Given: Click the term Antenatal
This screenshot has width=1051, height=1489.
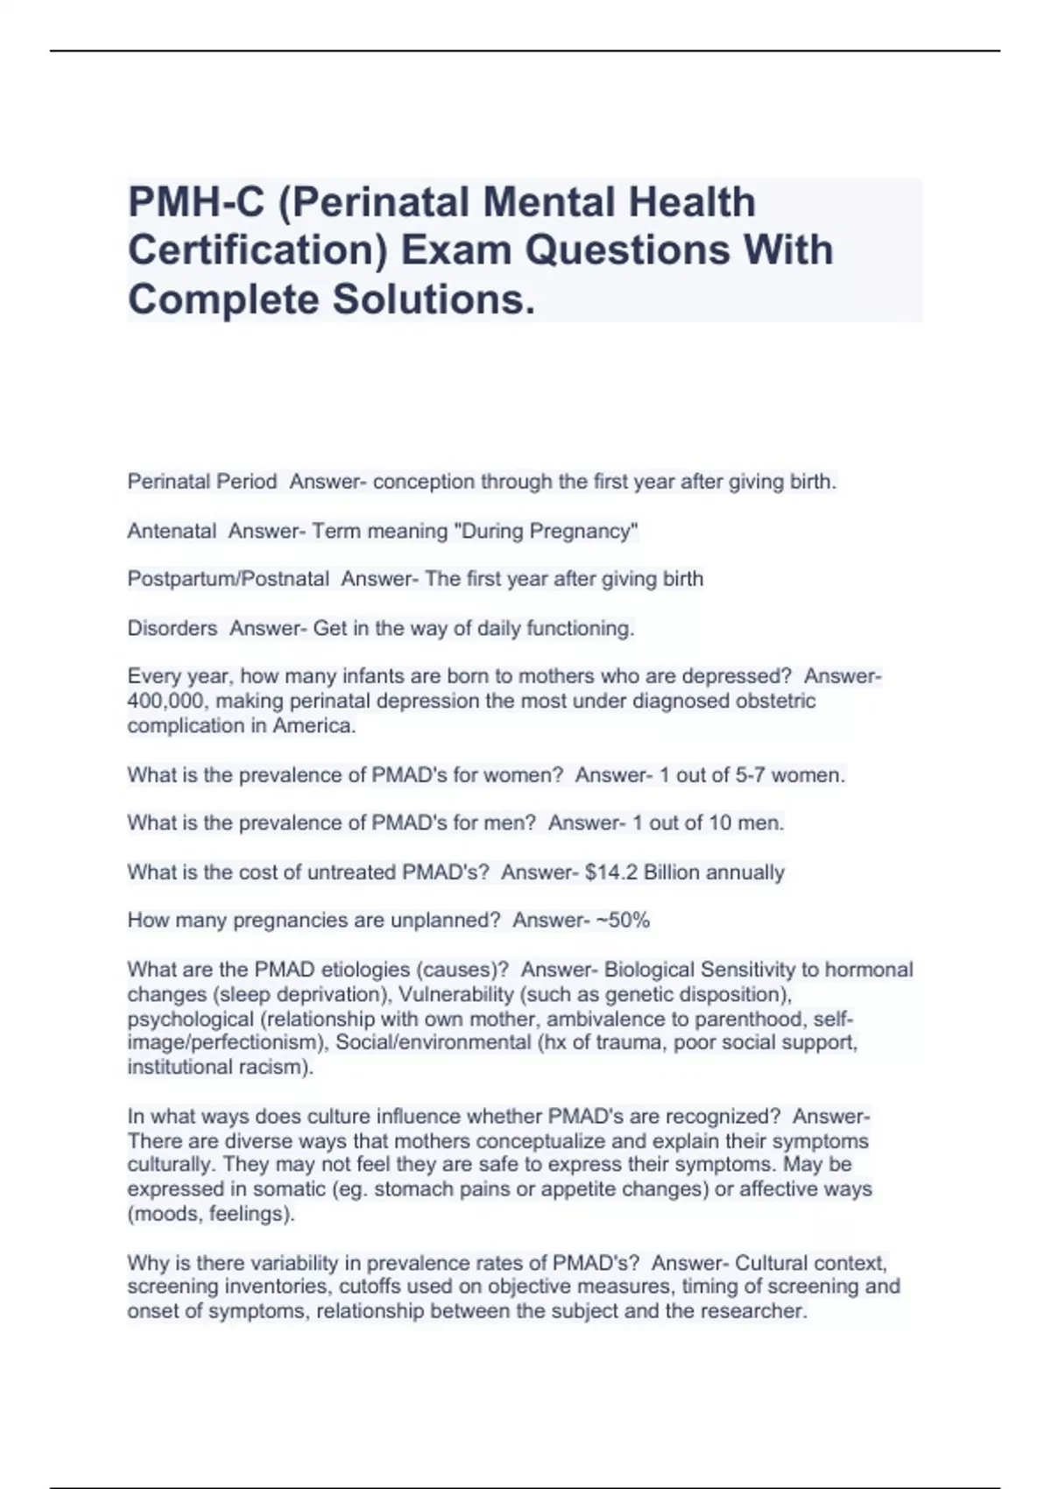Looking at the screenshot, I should tap(172, 531).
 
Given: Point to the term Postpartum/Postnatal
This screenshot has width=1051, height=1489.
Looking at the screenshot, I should tap(229, 579).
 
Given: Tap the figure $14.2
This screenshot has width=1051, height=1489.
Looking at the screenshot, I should tap(610, 872).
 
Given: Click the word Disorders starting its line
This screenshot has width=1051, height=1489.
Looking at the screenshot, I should tap(173, 628).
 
